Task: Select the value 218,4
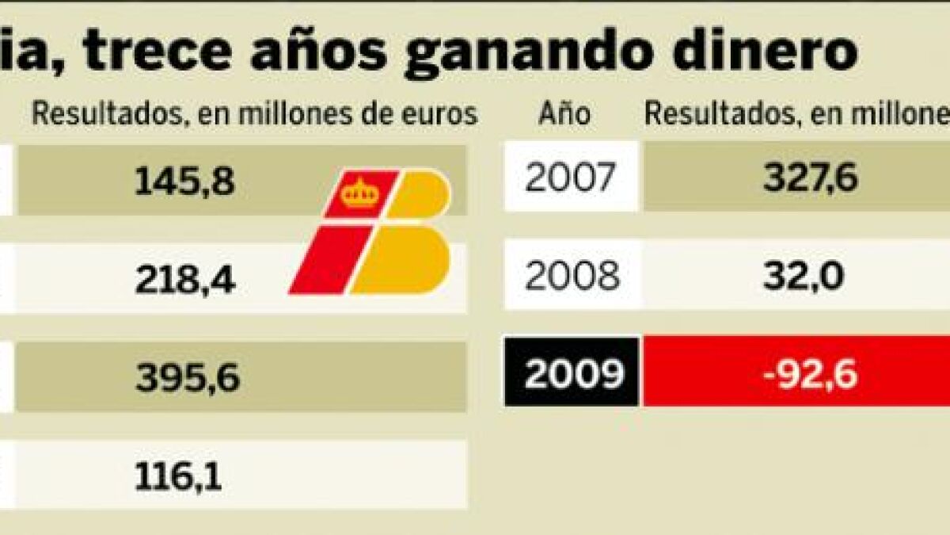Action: [184, 280]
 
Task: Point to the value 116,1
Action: [179, 476]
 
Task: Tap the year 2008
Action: [572, 277]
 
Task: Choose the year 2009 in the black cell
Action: [572, 374]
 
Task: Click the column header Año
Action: [564, 115]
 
